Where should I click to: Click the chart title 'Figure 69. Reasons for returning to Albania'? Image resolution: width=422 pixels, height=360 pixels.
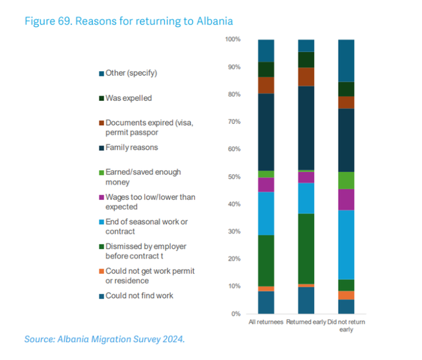point(129,20)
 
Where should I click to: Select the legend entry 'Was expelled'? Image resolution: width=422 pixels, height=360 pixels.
point(129,98)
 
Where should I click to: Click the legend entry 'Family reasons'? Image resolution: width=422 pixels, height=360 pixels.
point(131,148)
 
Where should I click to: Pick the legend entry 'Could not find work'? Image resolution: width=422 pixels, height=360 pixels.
point(139,295)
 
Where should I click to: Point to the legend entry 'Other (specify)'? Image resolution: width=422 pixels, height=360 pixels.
point(131,73)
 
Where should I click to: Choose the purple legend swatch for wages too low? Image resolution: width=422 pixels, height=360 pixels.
point(101,197)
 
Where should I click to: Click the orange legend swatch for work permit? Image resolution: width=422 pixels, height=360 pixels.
point(101,272)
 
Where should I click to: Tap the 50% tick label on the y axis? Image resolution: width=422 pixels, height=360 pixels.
point(233,177)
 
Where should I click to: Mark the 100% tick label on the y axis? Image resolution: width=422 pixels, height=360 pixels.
point(231,40)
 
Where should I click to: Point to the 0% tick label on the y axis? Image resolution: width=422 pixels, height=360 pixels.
point(234,314)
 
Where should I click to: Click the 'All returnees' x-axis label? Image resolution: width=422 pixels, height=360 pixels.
point(266,322)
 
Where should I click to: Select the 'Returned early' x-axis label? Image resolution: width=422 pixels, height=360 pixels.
point(306,322)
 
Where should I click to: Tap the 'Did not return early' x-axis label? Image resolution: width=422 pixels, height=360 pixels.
point(346,326)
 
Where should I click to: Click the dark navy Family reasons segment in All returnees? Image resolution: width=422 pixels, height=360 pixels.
point(266,132)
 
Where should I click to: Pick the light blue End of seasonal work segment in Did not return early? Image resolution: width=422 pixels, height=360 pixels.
point(346,245)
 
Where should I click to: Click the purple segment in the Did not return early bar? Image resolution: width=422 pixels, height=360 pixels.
point(346,200)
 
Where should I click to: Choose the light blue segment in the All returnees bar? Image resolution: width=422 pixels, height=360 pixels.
point(266,213)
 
